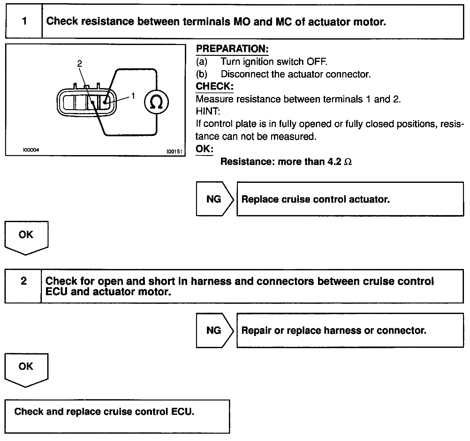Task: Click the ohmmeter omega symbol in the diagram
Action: click(x=156, y=102)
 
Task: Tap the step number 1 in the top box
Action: click(x=24, y=21)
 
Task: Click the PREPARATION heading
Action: click(x=232, y=49)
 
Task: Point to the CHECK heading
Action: click(x=215, y=86)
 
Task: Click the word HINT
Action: click(x=208, y=111)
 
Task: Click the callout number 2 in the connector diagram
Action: click(x=80, y=64)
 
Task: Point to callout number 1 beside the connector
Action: click(x=133, y=96)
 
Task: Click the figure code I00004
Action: click(x=31, y=150)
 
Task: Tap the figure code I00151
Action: click(x=174, y=151)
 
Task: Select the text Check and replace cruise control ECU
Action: click(x=104, y=411)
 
